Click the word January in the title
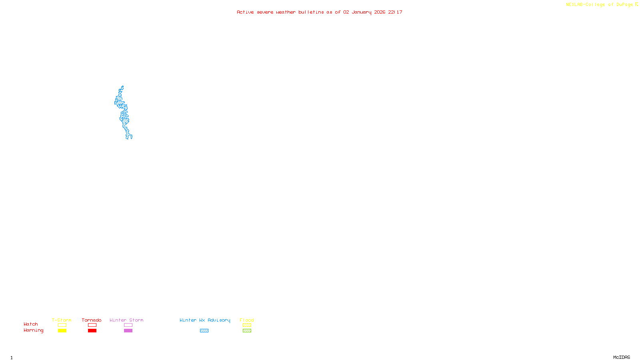click(x=362, y=12)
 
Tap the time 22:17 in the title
click(x=395, y=12)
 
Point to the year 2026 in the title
click(x=380, y=12)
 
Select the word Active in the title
click(x=245, y=12)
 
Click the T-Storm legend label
click(x=62, y=320)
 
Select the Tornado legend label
click(x=92, y=320)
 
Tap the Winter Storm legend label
click(x=126, y=320)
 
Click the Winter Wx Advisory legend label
click(x=205, y=320)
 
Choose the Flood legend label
click(x=247, y=320)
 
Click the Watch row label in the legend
click(x=31, y=324)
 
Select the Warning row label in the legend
click(x=33, y=330)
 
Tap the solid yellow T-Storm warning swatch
click(x=62, y=331)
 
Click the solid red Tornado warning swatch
click(x=92, y=331)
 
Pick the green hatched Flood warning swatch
click(x=247, y=331)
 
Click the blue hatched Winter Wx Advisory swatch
click(x=204, y=331)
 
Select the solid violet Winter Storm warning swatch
click(x=128, y=331)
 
